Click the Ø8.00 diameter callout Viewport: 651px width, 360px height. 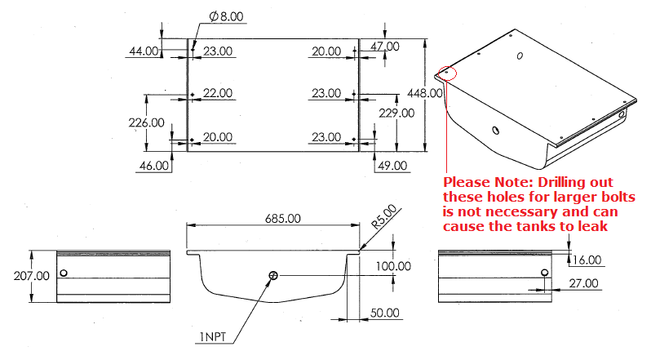click(226, 16)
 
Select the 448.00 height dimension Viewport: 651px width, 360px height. click(425, 93)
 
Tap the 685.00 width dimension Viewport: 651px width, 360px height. click(283, 219)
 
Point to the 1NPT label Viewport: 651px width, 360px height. click(213, 337)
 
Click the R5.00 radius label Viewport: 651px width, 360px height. click(384, 217)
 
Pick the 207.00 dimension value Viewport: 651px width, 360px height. click(32, 276)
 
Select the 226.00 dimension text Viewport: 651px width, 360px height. click(147, 123)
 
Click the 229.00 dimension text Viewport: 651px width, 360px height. click(396, 113)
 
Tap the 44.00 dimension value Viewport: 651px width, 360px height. click(144, 51)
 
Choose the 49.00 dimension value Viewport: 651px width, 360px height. click(392, 166)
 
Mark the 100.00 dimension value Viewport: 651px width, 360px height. click(393, 266)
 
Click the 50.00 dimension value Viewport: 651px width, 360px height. click(385, 313)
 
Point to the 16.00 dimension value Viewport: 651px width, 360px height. click(587, 260)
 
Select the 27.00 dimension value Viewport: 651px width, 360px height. click(584, 283)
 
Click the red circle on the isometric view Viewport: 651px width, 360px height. click(447, 73)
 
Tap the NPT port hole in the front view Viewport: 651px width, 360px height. click(273, 275)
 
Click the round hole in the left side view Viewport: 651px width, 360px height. click(64, 273)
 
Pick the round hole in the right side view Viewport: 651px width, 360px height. click(545, 273)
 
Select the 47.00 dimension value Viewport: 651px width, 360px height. click(385, 46)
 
